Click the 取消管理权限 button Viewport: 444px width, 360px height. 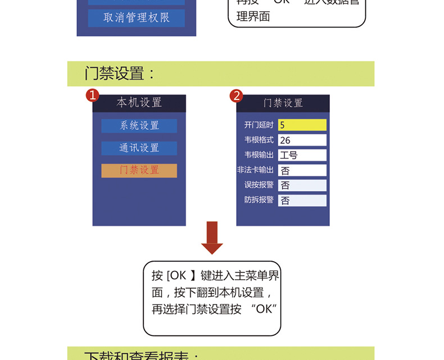pos(136,18)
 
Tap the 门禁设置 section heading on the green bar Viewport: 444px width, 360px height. pos(120,74)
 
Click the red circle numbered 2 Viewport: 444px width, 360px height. pos(237,95)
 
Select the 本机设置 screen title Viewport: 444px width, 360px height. pos(139,103)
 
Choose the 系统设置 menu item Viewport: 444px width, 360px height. pos(139,126)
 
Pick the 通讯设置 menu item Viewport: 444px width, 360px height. pos(139,148)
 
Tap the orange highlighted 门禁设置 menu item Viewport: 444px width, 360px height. pos(139,171)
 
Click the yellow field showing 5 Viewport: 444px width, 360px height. pos(302,125)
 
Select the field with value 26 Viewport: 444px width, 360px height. pos(302,140)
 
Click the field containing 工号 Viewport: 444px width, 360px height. pos(302,156)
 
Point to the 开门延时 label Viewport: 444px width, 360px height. pos(259,125)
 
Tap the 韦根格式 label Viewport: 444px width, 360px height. pos(259,140)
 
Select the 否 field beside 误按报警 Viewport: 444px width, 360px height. pos(302,185)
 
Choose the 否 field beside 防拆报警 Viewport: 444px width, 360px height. pos(302,200)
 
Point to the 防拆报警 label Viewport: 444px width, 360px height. pos(259,199)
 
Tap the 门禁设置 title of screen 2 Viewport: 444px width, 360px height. pos(283,103)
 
